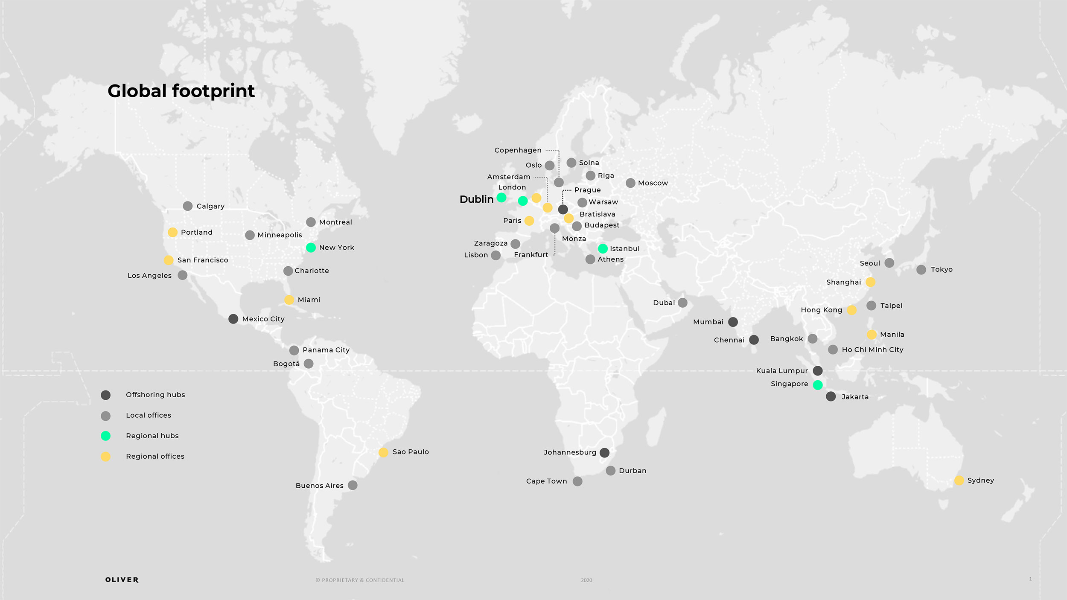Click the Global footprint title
181,91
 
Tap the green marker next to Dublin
501,198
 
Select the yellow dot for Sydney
959,481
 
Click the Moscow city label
653,183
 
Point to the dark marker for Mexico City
233,319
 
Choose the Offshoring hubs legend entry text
155,395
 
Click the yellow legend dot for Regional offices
105,457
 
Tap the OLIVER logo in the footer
122,580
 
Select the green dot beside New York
311,248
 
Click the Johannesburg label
570,452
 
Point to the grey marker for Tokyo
921,270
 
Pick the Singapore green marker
818,385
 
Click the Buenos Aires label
319,486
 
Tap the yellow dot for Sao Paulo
383,452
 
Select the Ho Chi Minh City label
872,350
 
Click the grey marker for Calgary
187,206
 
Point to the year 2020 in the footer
586,580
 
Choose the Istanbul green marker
603,248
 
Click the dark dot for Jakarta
831,396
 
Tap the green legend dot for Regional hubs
105,436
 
